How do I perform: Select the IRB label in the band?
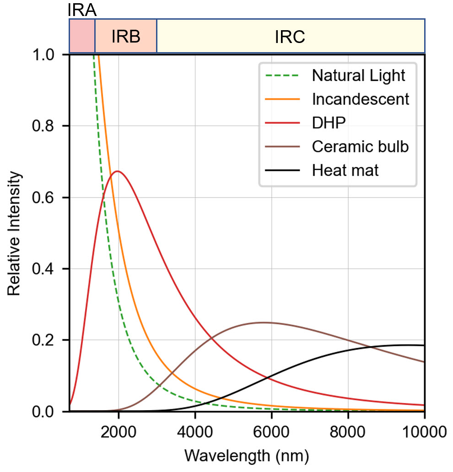pos(125,37)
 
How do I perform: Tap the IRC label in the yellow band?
pos(290,37)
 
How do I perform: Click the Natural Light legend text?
pos(358,75)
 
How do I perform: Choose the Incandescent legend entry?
pos(360,99)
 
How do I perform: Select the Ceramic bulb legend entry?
pos(360,147)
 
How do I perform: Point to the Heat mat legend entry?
pos(345,171)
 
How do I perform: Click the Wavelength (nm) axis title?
pos(247,455)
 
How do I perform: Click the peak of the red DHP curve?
pos(118,171)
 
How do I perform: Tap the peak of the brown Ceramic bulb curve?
pos(264,322)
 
